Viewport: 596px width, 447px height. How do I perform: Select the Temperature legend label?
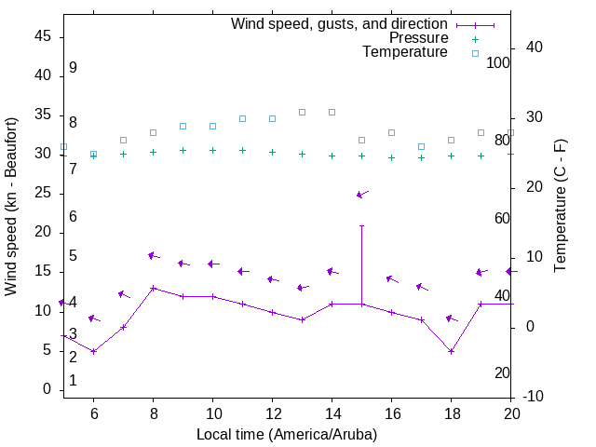click(405, 52)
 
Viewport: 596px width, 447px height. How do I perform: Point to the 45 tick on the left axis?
click(43, 36)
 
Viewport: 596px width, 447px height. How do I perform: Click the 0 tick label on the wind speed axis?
click(47, 389)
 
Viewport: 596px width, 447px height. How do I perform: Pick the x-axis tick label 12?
click(272, 414)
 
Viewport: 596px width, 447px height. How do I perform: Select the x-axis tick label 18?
click(451, 414)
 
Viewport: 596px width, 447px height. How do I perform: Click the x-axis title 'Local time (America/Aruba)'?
click(287, 434)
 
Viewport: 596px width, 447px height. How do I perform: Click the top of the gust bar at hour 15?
click(361, 225)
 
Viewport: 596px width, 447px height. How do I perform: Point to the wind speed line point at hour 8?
click(153, 288)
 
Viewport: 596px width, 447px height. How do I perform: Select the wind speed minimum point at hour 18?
click(451, 351)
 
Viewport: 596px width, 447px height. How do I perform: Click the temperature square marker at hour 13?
click(302, 112)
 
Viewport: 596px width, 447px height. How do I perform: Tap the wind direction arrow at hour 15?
click(362, 194)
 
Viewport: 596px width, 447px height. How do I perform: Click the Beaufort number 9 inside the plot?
click(73, 68)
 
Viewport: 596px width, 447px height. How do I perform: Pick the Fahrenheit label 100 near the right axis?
click(498, 62)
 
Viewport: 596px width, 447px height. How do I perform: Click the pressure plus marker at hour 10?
click(212, 150)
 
